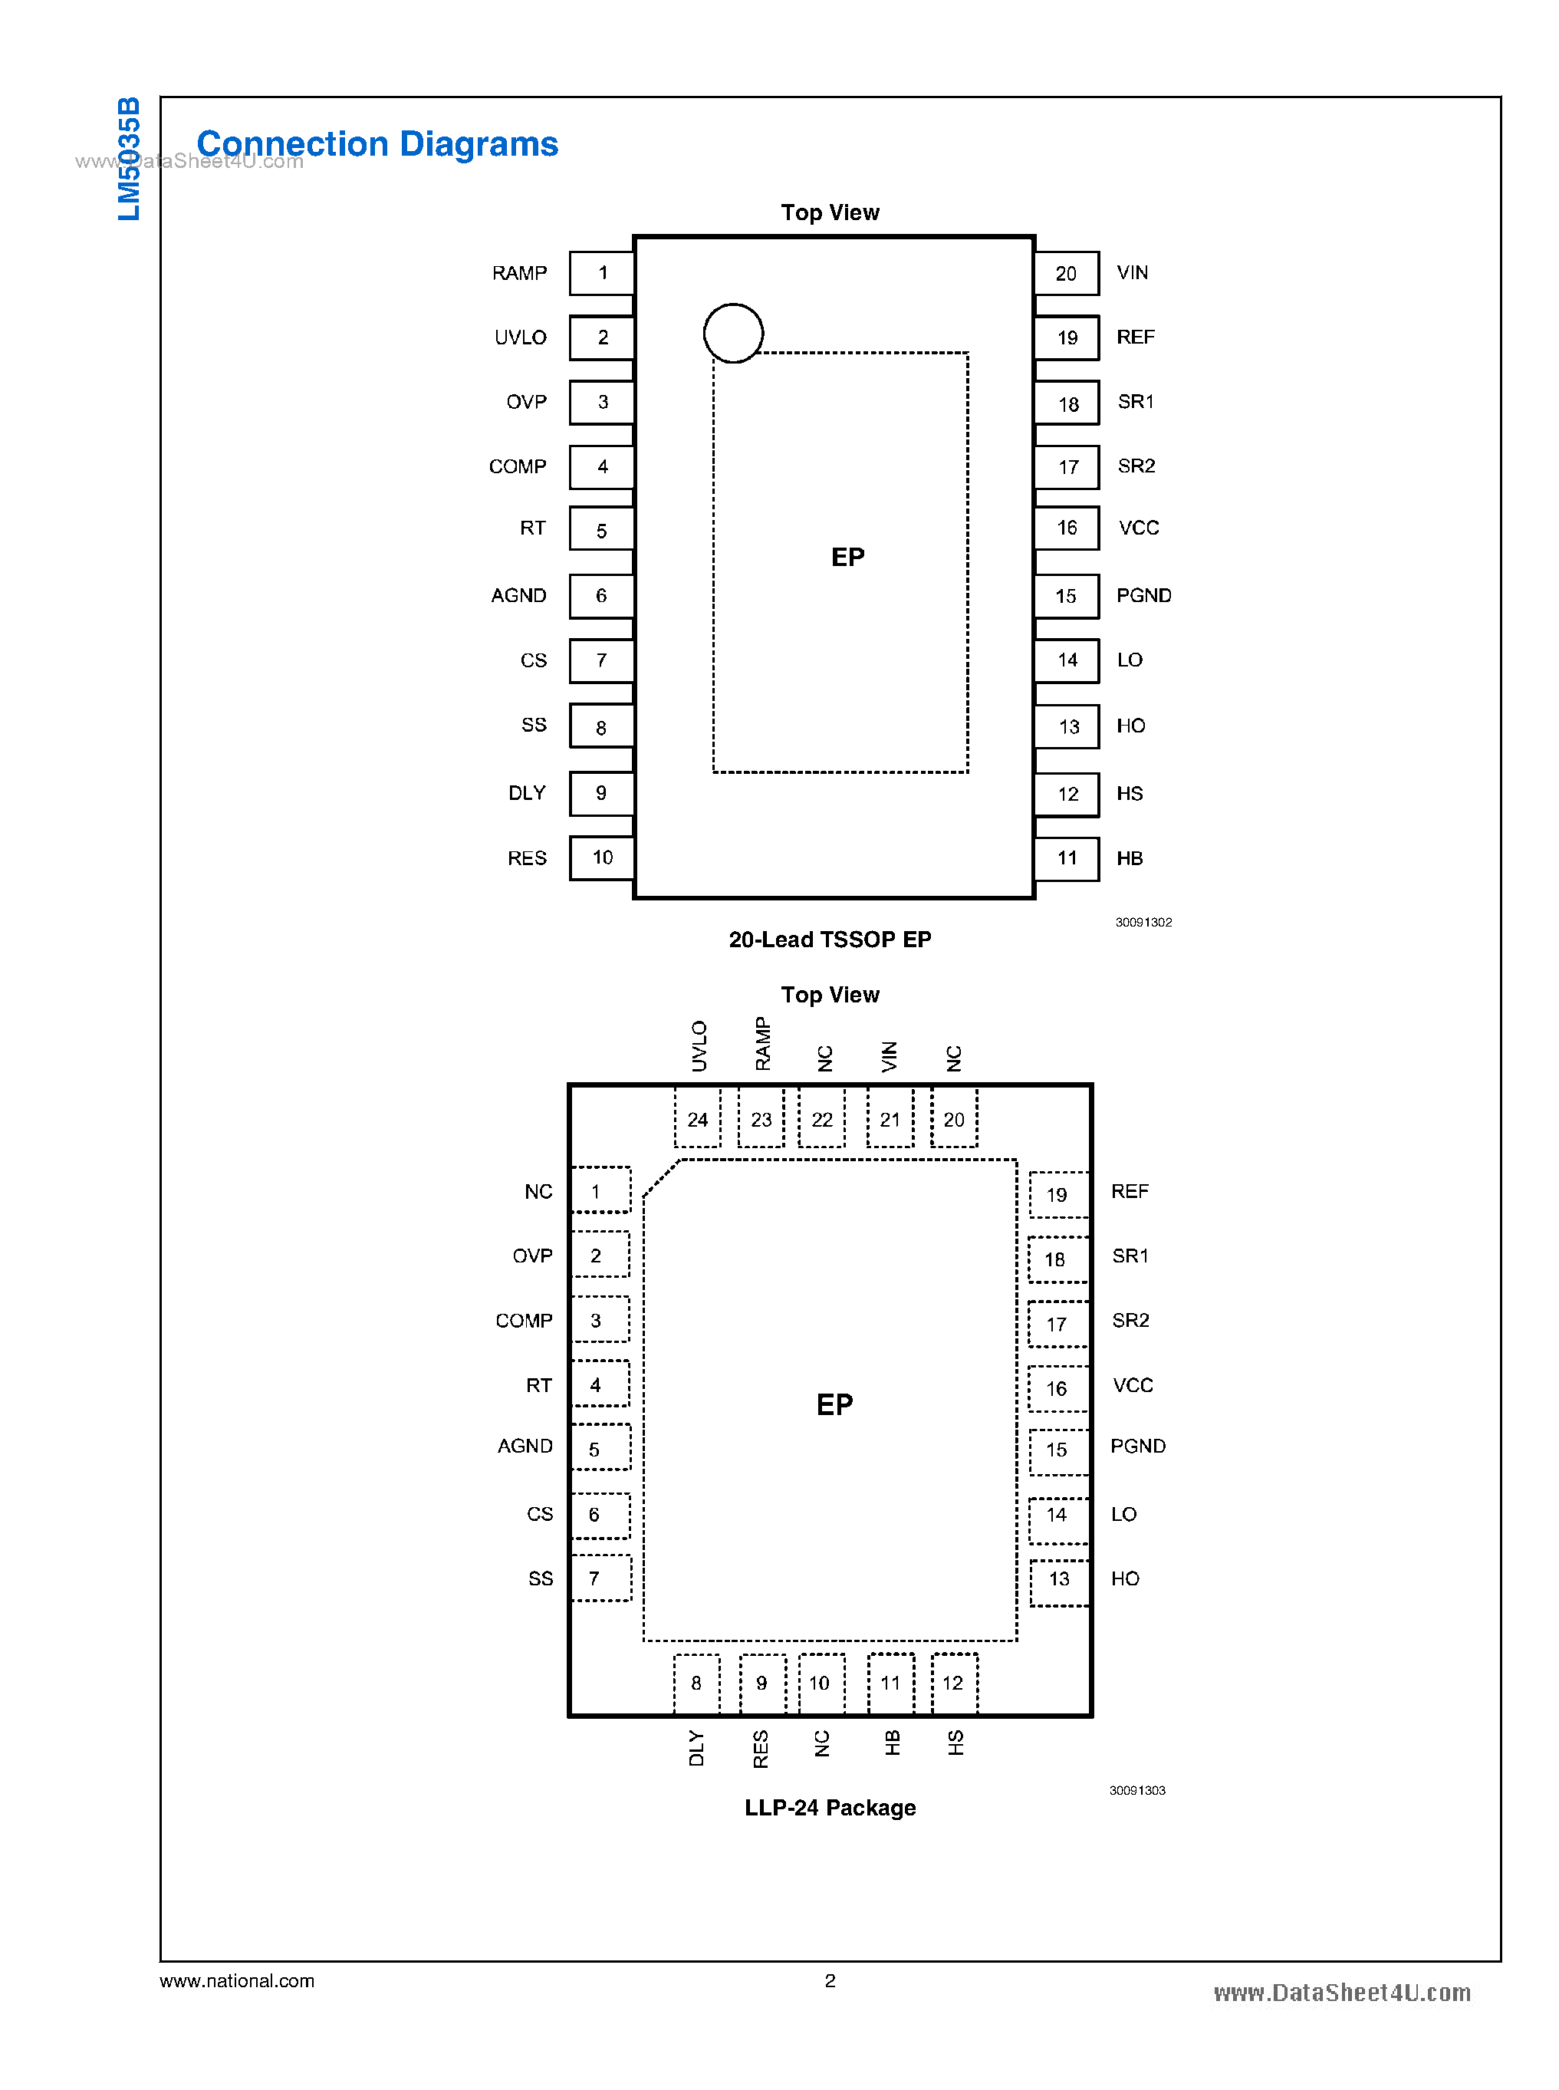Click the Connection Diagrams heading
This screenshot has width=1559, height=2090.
click(377, 143)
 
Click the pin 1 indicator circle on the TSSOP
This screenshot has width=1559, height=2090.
click(732, 332)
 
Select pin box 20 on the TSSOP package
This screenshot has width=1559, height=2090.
click(1067, 273)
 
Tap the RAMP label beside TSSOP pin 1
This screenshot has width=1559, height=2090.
click(519, 273)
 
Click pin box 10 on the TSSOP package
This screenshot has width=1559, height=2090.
click(602, 857)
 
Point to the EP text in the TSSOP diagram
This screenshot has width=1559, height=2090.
click(847, 557)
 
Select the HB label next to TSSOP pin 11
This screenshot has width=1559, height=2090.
click(1129, 858)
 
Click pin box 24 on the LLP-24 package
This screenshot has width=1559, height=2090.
click(697, 1119)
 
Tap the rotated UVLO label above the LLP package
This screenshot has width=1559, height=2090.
click(699, 1045)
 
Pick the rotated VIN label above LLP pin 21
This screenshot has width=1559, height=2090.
click(890, 1055)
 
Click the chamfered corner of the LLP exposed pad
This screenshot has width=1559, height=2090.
click(659, 1178)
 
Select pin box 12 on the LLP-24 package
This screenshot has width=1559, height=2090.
click(953, 1684)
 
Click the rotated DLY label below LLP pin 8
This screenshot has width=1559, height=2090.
click(696, 1747)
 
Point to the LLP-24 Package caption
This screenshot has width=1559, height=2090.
click(830, 1807)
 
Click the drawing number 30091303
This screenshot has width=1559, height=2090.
click(1136, 1790)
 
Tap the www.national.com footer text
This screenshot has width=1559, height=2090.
click(237, 1980)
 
